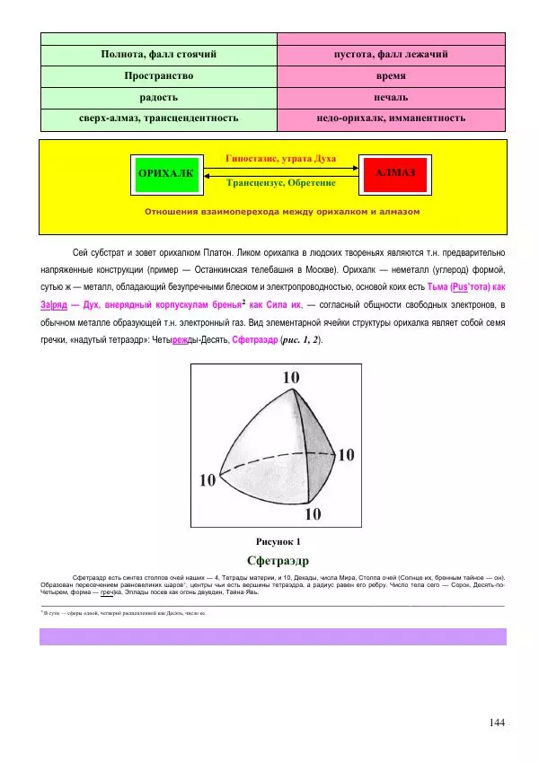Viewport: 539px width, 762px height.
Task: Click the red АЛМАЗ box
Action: pyautogui.click(x=394, y=172)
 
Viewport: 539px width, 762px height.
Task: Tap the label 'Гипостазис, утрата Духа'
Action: pyautogui.click(x=280, y=159)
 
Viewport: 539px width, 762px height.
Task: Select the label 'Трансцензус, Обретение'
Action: pyautogui.click(x=281, y=182)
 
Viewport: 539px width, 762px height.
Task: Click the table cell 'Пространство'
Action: pyautogui.click(x=158, y=76)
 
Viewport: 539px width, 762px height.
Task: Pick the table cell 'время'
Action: pyautogui.click(x=391, y=76)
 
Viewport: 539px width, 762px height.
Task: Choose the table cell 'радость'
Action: pyautogui.click(x=158, y=97)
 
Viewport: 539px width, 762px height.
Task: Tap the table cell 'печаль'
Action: pyautogui.click(x=391, y=97)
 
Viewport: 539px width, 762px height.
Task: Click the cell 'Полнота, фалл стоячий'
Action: pyautogui.click(x=158, y=56)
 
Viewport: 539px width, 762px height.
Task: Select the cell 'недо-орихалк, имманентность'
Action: pyautogui.click(x=391, y=118)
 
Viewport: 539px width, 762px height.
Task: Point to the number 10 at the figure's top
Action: pyautogui.click(x=291, y=379)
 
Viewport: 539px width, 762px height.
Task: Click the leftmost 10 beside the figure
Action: pyautogui.click(x=208, y=480)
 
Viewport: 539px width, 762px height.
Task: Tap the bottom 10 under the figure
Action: pyautogui.click(x=312, y=514)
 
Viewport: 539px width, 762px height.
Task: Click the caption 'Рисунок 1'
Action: pyautogui.click(x=278, y=542)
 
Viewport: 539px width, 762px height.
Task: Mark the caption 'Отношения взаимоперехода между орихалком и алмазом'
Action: pyautogui.click(x=281, y=213)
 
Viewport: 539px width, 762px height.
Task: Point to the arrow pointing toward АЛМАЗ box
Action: pyautogui.click(x=280, y=169)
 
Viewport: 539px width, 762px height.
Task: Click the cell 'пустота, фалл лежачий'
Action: pyautogui.click(x=391, y=56)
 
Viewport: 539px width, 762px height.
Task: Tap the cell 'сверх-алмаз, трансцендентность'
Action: pyautogui.click(x=158, y=118)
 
